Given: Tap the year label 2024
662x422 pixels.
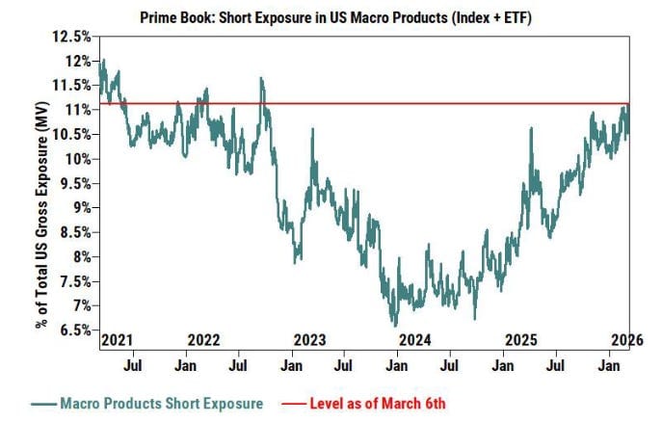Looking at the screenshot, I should click(414, 339).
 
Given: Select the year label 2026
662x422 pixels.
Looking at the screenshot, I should click(624, 339).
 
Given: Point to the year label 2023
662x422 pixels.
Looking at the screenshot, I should click(309, 339).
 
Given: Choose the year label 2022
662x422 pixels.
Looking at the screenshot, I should click(204, 339).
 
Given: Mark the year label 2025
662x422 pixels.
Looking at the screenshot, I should click(520, 339).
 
